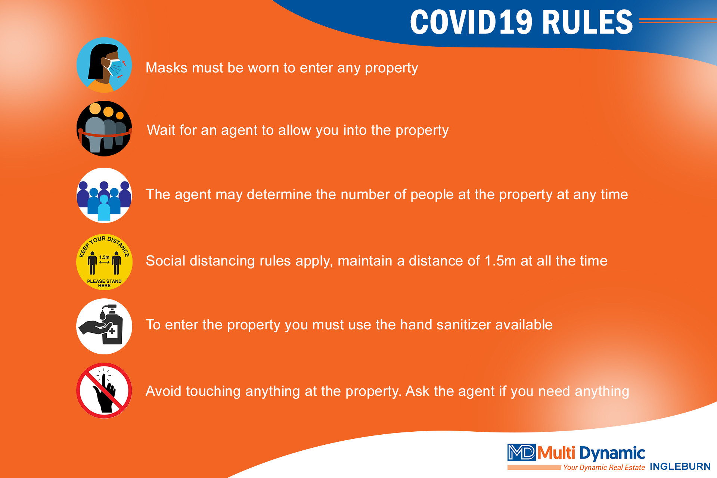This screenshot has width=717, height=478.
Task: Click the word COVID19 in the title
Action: point(471,22)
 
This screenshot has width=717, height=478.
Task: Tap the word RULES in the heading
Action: point(587,22)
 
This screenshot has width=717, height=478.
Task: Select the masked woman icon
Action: point(104,65)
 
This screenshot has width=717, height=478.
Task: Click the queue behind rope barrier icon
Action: point(104,128)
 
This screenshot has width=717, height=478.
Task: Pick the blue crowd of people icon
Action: point(104,195)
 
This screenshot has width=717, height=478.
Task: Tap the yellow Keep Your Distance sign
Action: point(104,262)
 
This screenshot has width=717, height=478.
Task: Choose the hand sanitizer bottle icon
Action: point(104,326)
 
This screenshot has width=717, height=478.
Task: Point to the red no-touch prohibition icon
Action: point(104,391)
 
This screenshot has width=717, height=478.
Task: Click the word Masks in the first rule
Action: point(167,68)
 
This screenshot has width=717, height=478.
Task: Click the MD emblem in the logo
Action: point(521,452)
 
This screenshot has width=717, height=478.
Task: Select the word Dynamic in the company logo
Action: point(612,453)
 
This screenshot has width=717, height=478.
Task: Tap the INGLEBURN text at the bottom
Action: point(680,466)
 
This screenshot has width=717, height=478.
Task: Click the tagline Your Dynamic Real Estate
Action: point(604,467)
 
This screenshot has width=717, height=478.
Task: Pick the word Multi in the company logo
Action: point(556,453)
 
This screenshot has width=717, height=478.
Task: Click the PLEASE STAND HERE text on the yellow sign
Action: point(104,283)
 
